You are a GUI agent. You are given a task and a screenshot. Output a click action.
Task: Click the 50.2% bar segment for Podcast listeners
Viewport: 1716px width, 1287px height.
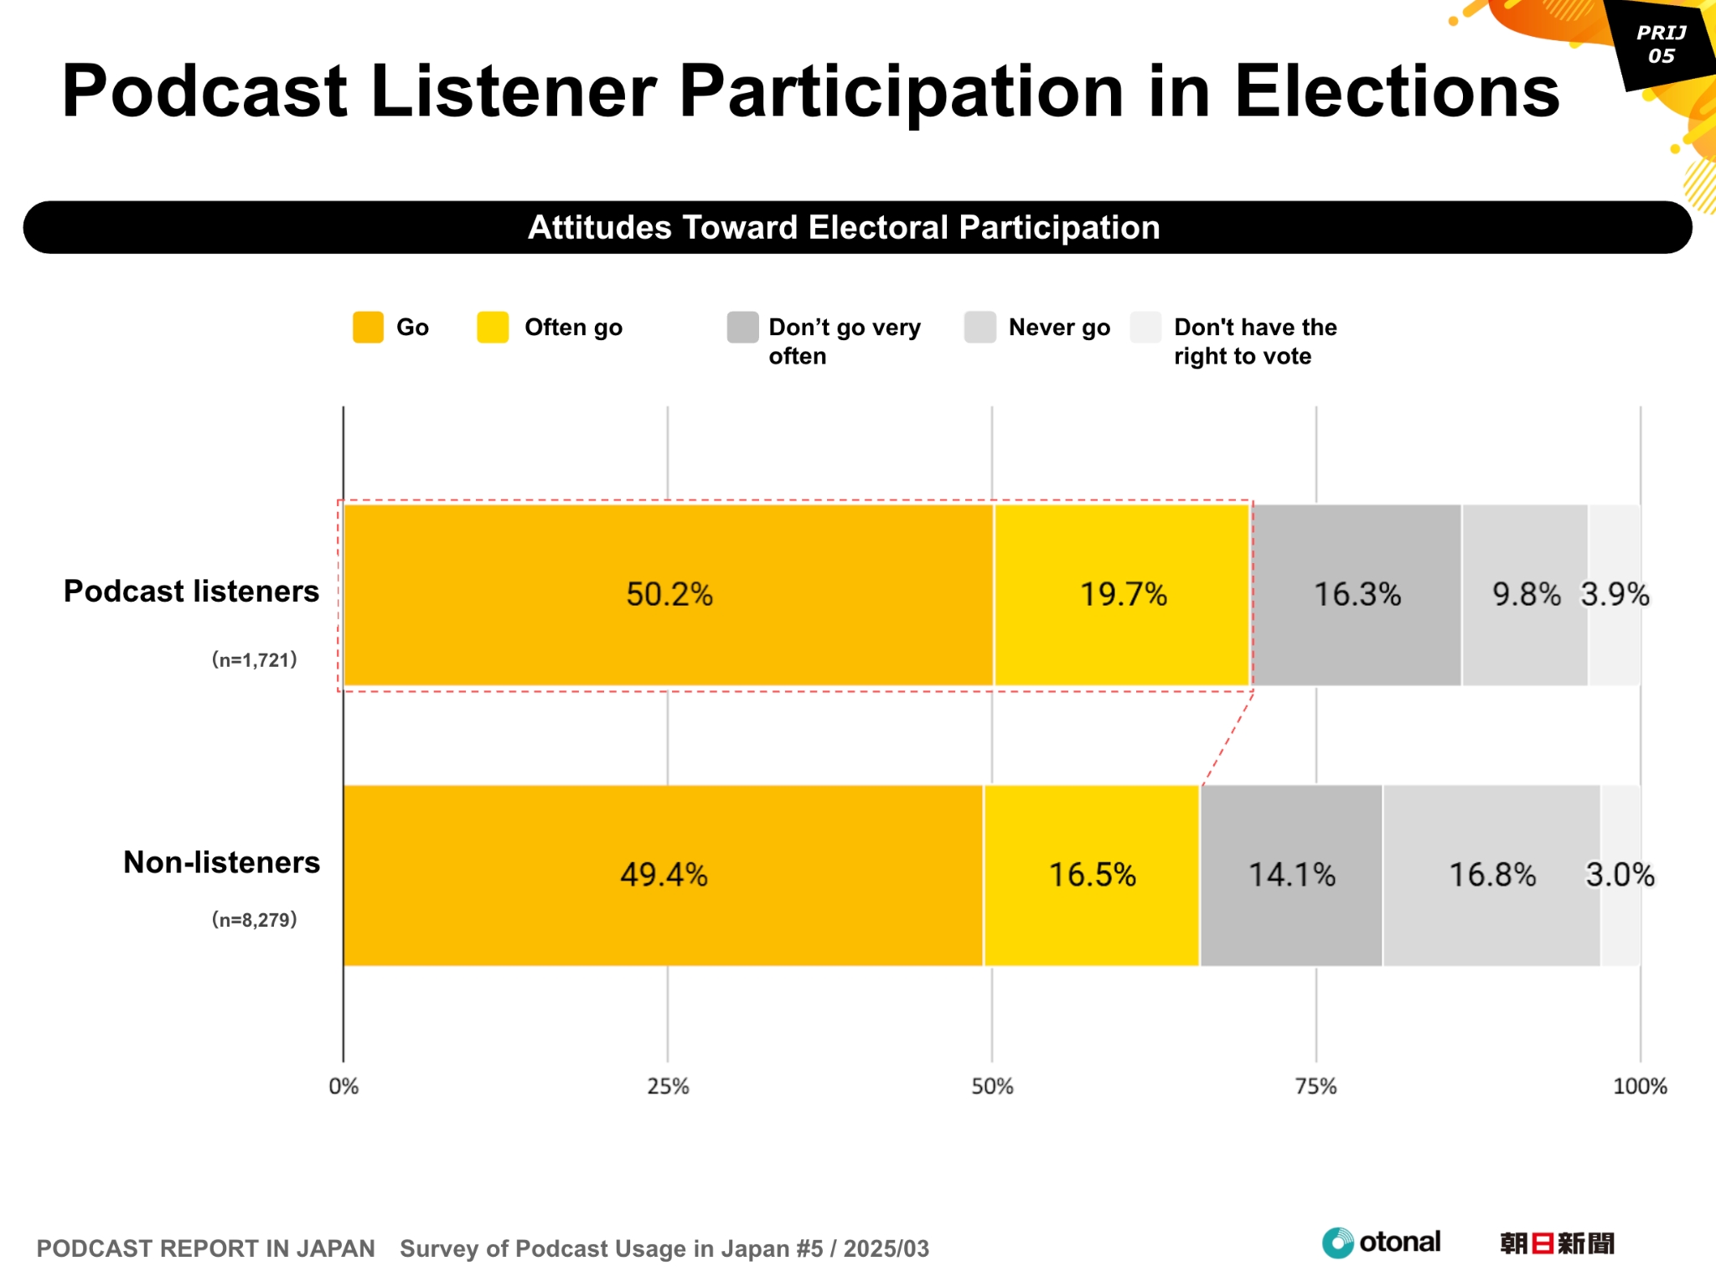(668, 595)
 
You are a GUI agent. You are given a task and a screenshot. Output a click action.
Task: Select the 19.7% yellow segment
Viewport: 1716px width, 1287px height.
(1122, 595)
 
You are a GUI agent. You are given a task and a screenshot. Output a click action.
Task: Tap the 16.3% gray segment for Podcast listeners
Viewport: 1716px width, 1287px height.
(1357, 595)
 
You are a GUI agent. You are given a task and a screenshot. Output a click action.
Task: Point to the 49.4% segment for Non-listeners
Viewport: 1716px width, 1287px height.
(663, 876)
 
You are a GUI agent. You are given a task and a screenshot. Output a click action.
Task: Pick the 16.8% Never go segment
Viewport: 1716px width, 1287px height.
(1491, 876)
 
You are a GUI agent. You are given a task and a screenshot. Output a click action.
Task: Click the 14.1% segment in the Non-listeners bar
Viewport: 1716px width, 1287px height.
(1291, 876)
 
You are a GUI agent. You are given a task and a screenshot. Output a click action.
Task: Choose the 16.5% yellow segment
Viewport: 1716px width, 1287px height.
(1092, 876)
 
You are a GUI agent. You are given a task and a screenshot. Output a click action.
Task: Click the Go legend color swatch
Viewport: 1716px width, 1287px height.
(368, 328)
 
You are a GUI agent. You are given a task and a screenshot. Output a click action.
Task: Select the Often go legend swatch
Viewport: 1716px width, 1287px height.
(493, 328)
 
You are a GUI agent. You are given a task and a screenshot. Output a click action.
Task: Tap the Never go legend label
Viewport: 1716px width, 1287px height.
(1059, 328)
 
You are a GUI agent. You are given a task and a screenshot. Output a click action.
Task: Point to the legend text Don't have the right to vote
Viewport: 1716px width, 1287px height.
(1254, 341)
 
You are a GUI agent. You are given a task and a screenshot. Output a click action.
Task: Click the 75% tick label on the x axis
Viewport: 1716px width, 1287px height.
(1315, 1087)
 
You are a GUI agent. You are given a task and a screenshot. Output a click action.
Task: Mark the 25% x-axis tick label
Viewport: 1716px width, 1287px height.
(668, 1087)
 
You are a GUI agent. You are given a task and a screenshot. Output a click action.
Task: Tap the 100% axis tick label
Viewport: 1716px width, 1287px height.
(1640, 1087)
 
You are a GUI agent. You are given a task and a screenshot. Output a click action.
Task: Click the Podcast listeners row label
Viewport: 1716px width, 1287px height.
(191, 592)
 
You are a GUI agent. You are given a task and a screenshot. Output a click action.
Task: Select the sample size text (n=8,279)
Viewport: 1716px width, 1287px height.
(255, 920)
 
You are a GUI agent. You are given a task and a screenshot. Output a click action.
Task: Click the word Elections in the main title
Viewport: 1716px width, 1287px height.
(1397, 91)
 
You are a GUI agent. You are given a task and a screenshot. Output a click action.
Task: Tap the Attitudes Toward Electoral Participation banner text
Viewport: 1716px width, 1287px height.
(844, 228)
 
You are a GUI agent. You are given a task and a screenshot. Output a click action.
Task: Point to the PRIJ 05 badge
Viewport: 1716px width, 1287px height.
(1661, 44)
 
